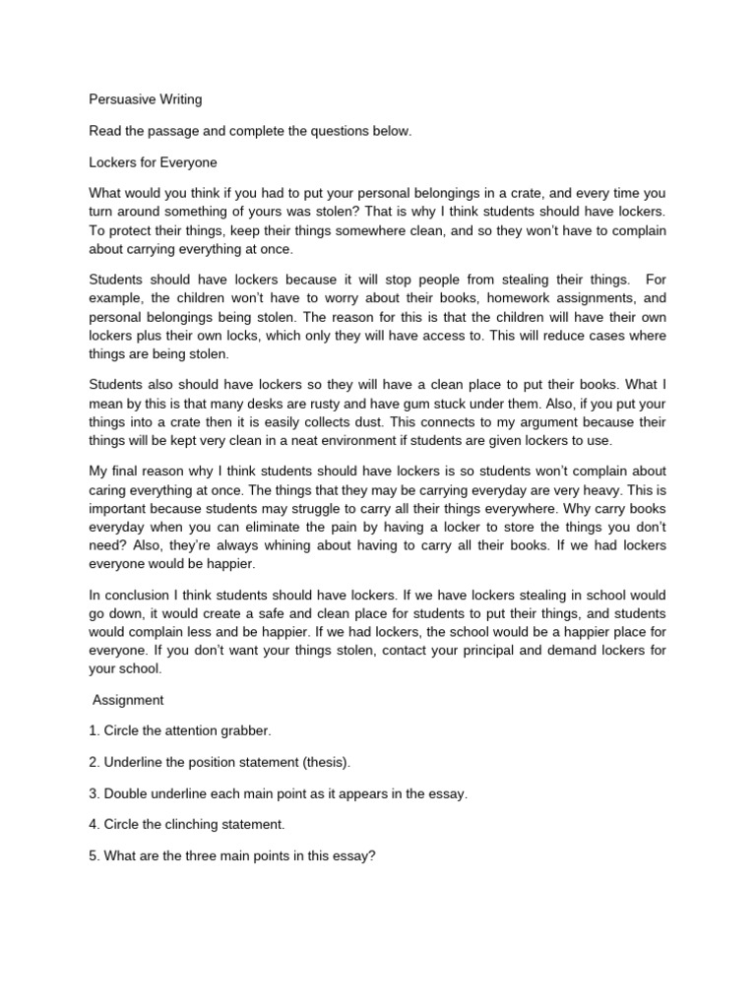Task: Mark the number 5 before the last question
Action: click(x=93, y=856)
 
